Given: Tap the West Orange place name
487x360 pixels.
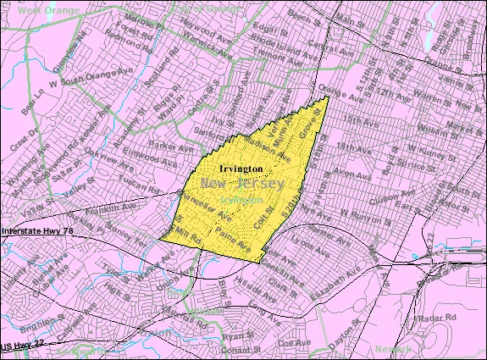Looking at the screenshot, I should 32,9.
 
